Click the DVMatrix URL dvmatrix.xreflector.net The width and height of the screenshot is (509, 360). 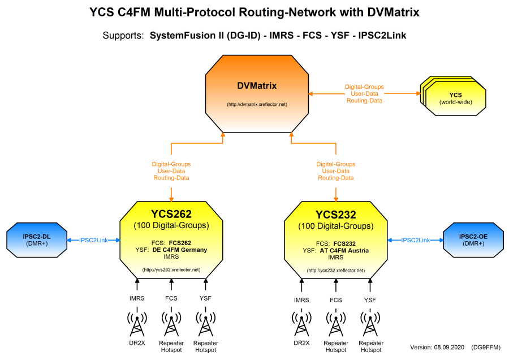click(257, 105)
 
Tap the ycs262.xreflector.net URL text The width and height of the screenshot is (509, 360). click(171, 270)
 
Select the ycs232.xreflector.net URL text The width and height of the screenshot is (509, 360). click(335, 270)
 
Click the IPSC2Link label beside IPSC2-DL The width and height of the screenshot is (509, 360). click(93, 241)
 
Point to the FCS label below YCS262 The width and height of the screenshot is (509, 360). click(171, 298)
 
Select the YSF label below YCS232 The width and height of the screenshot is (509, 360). click(370, 299)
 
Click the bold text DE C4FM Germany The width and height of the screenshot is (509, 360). click(179, 250)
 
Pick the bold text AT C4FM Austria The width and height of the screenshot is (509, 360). click(344, 250)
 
